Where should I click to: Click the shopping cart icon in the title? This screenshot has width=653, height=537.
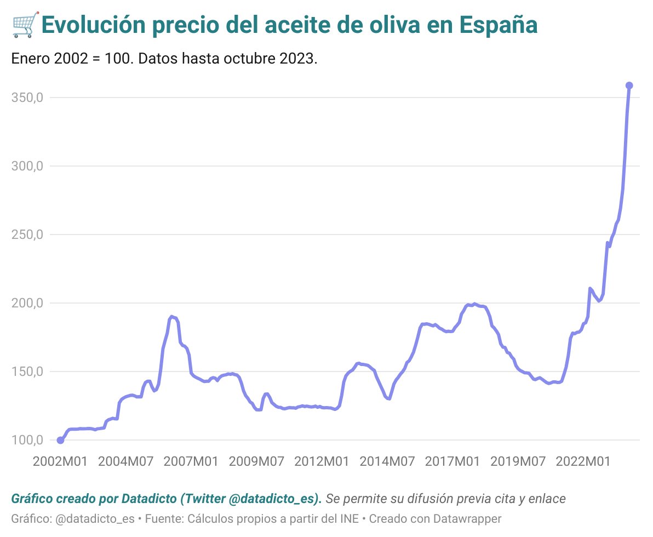(24, 25)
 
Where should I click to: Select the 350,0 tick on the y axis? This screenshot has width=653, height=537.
(27, 98)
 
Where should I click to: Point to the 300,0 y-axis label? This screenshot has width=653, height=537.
(27, 166)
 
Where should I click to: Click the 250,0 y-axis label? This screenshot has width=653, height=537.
(27, 235)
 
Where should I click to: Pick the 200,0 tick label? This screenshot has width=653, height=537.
(27, 303)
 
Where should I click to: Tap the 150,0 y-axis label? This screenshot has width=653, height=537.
(27, 372)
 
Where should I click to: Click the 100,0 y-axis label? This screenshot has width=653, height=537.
(27, 440)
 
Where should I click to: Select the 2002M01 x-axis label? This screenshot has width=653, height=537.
(60, 462)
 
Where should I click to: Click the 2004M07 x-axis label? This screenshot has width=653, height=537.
(125, 462)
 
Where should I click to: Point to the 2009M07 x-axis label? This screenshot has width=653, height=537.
(256, 462)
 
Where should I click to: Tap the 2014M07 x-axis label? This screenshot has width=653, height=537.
(387, 462)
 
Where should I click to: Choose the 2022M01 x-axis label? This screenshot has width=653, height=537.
(583, 462)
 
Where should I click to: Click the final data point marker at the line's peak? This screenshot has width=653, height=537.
(629, 85)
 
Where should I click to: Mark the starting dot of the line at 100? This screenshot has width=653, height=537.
(60, 440)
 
